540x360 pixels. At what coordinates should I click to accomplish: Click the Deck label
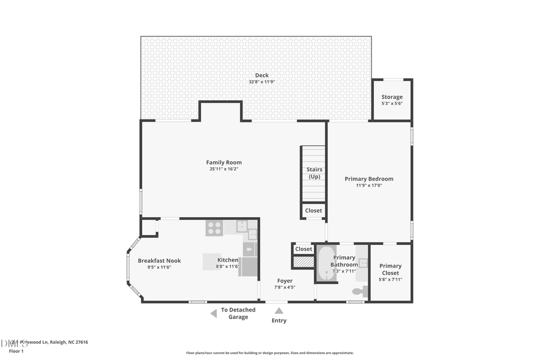(x=262, y=75)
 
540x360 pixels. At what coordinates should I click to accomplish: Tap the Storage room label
(x=392, y=97)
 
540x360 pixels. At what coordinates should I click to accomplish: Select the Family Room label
(x=224, y=162)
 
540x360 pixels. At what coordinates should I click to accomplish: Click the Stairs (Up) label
(x=314, y=173)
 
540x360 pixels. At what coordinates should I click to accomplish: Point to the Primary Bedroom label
(x=368, y=179)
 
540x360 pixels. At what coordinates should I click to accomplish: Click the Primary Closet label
(x=390, y=269)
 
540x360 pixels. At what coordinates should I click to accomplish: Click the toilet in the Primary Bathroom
(x=358, y=291)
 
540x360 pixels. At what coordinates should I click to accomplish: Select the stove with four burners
(x=214, y=227)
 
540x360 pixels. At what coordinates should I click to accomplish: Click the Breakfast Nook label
(x=159, y=260)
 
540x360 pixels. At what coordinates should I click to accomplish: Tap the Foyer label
(x=284, y=281)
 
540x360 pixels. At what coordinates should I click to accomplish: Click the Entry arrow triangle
(x=279, y=310)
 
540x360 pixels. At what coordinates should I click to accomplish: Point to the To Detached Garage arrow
(x=213, y=313)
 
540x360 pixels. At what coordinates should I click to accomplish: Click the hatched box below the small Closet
(x=304, y=262)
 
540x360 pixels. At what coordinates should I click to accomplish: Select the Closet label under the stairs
(x=313, y=211)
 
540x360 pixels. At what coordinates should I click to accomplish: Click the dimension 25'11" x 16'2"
(x=224, y=169)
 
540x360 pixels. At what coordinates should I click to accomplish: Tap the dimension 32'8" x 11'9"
(x=262, y=82)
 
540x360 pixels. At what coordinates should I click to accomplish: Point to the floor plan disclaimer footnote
(x=269, y=353)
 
